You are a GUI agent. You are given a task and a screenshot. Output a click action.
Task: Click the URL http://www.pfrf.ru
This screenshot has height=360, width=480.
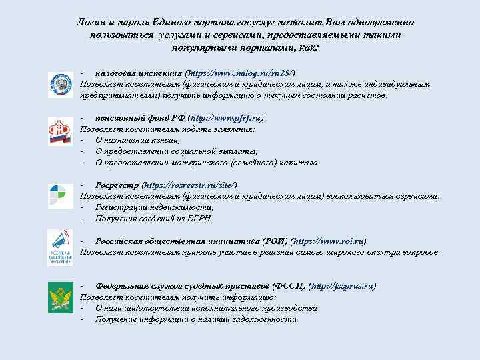[x=226, y=117]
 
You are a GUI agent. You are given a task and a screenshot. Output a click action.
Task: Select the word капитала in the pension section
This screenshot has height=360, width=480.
[x=300, y=162]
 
